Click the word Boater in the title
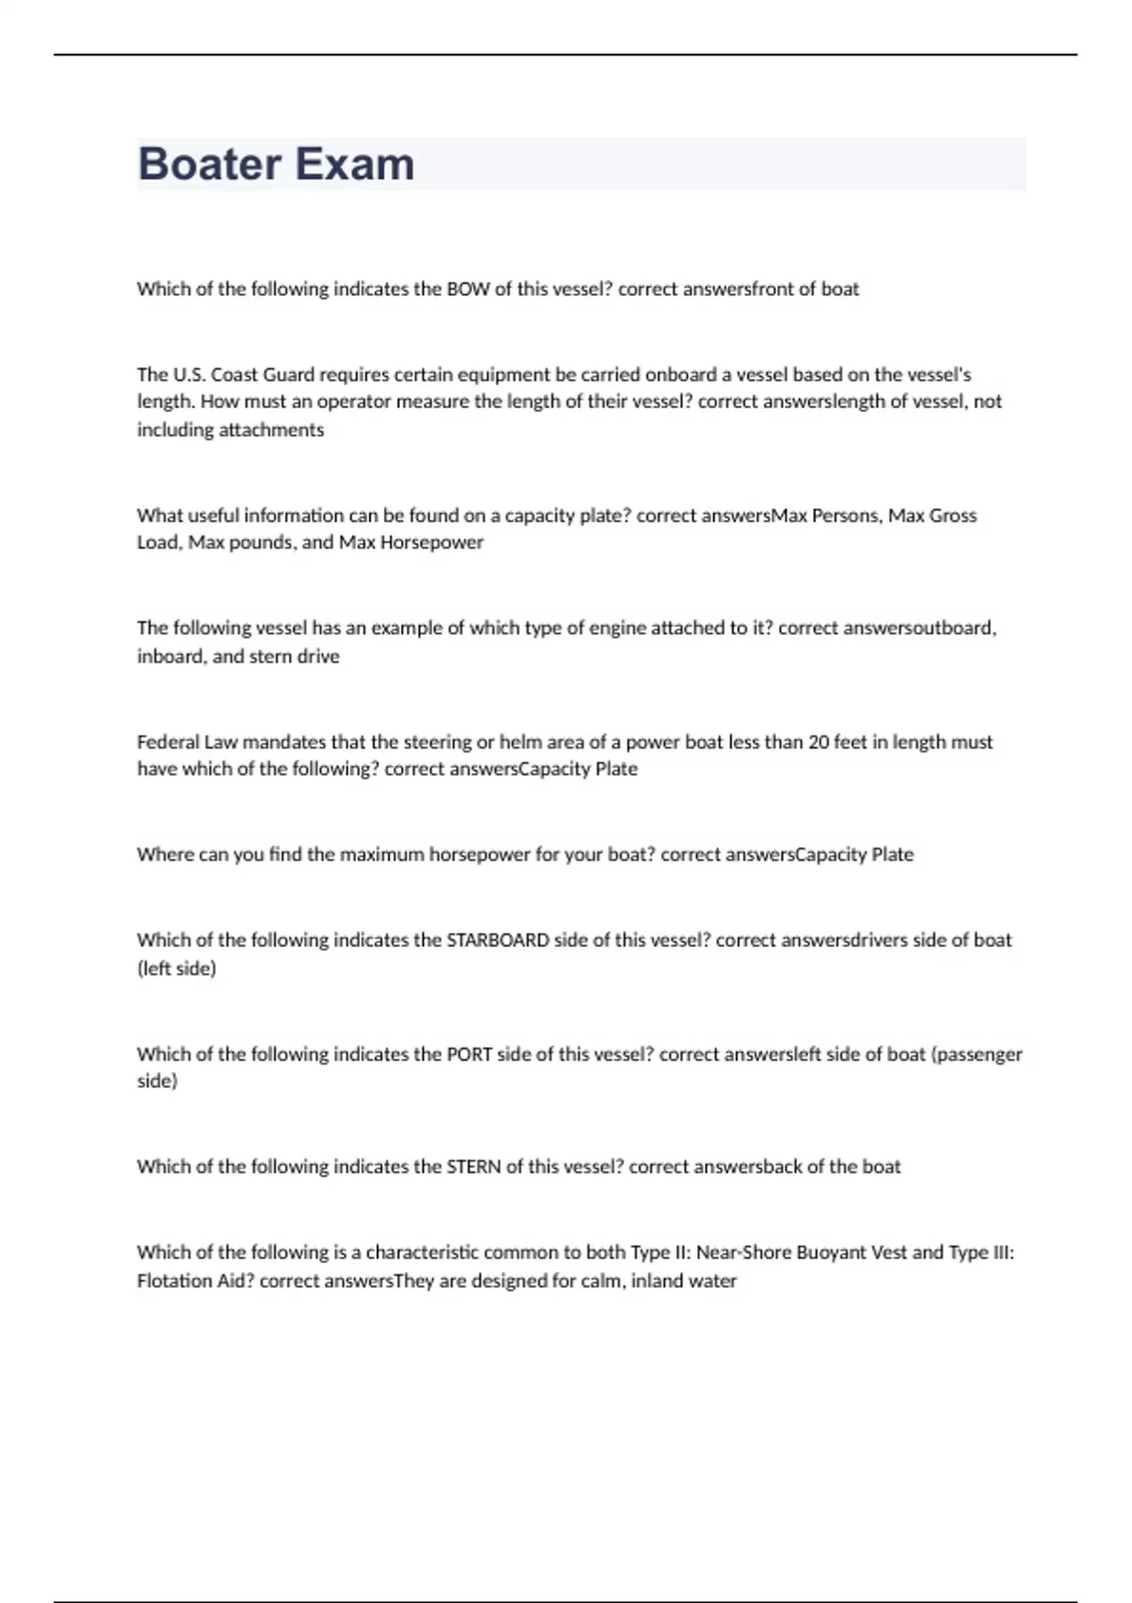[x=209, y=164]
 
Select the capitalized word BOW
[x=468, y=289]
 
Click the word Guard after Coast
[x=289, y=374]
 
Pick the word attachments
[x=271, y=430]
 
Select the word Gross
[x=953, y=516]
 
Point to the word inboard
[x=170, y=656]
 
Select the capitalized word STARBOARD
[x=497, y=940]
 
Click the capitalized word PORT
[x=469, y=1054]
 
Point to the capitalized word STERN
[x=474, y=1167]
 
